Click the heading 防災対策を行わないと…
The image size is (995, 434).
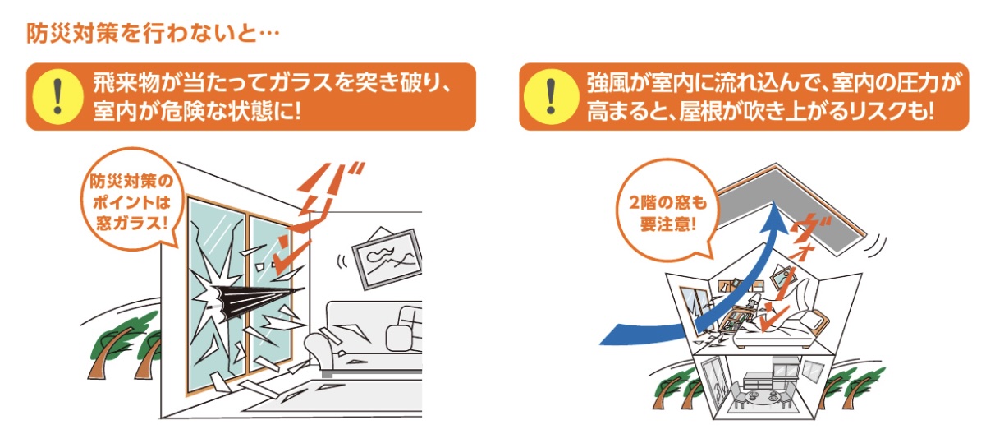153,33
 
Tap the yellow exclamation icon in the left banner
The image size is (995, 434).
57,96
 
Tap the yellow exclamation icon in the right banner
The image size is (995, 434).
551,96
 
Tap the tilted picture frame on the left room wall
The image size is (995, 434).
387,257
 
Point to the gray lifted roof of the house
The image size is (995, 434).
791,208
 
